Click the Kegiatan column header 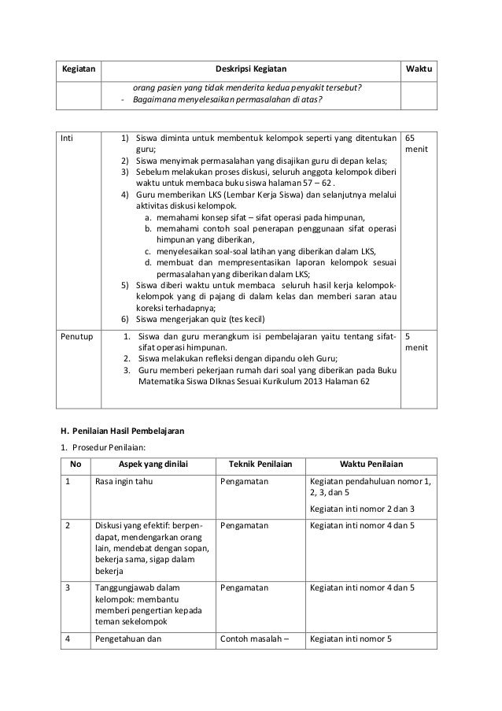pos(78,69)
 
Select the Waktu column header pos(420,69)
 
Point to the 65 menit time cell pos(415,143)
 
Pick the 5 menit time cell pos(415,341)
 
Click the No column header pos(75,465)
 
